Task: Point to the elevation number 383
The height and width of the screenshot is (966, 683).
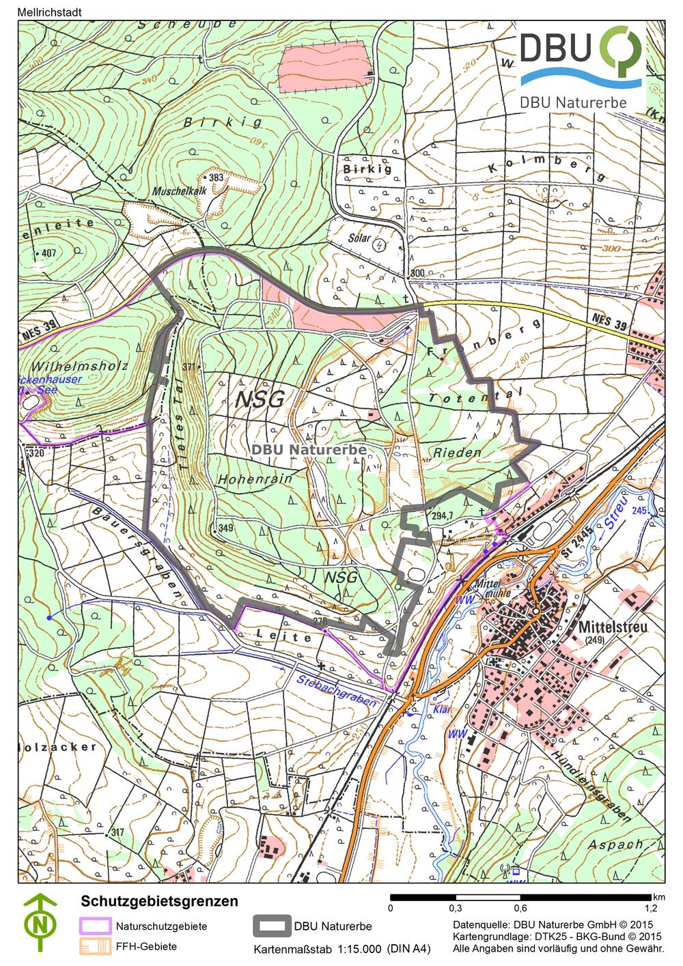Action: click(x=217, y=177)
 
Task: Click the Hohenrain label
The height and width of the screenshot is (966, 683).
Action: click(x=255, y=479)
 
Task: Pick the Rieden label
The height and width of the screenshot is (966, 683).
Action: click(x=457, y=452)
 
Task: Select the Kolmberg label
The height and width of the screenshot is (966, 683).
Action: click(x=546, y=168)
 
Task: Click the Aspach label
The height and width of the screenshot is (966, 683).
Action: click(x=614, y=844)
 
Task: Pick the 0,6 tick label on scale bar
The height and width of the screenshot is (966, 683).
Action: click(x=520, y=908)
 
